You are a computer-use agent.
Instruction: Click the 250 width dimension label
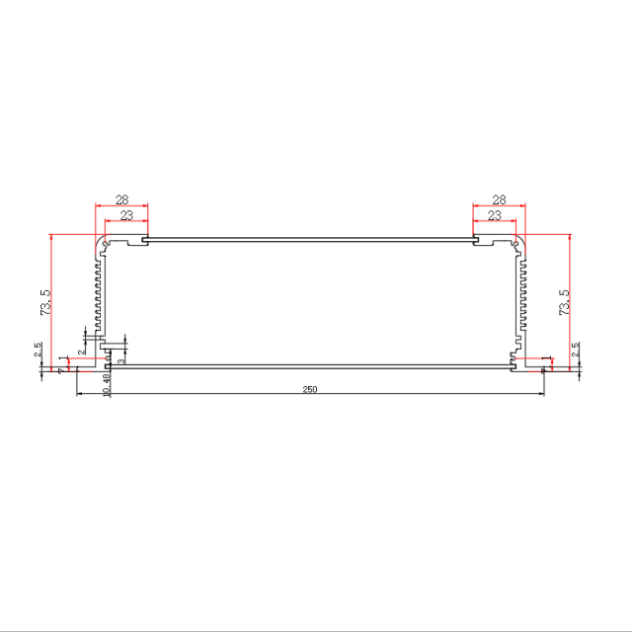[309, 390]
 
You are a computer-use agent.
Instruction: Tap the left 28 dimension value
[120, 198]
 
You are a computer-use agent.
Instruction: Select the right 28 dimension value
[499, 198]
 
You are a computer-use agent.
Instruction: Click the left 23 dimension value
[126, 215]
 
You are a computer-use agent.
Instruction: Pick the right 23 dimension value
[494, 215]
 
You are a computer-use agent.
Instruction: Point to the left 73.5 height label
[43, 302]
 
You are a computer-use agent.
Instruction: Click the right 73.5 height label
[563, 302]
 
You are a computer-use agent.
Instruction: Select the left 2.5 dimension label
[38, 351]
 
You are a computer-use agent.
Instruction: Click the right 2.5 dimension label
[576, 351]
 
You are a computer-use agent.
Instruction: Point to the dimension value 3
[120, 361]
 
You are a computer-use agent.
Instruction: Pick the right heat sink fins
[521, 296]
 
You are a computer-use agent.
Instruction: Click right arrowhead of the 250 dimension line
[541, 395]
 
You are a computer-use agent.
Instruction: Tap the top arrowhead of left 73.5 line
[50, 237]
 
